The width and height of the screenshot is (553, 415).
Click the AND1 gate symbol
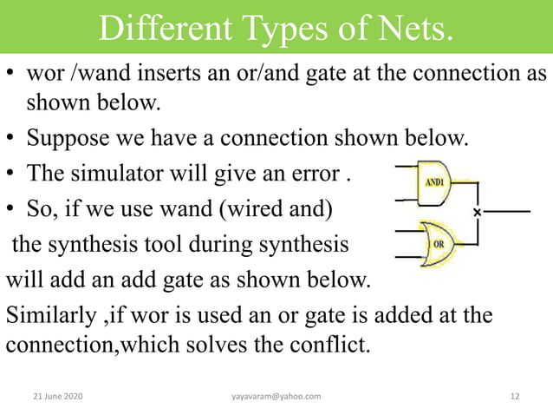click(433, 183)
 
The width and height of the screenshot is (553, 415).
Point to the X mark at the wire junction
click(477, 212)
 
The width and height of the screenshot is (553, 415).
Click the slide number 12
click(515, 396)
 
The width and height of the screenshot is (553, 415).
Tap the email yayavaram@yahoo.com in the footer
click(276, 396)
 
